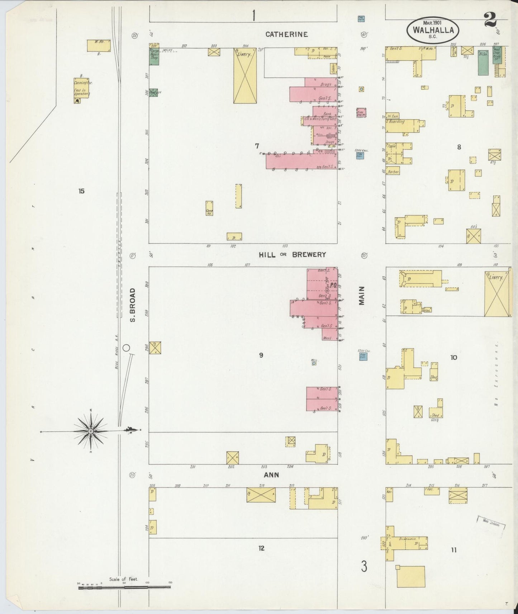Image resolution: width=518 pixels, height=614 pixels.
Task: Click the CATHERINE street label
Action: (x=286, y=34)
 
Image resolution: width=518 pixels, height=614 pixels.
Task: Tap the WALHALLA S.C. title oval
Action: (x=433, y=31)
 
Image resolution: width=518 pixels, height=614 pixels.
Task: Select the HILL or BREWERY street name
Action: (x=292, y=255)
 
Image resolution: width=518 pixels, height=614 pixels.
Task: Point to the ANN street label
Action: (x=271, y=475)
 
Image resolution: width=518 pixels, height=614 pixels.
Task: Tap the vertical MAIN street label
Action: (x=362, y=296)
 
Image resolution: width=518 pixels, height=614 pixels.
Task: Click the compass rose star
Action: (x=91, y=431)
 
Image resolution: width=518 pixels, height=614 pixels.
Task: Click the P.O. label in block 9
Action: (x=332, y=286)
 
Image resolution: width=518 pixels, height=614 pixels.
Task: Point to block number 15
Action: (x=81, y=191)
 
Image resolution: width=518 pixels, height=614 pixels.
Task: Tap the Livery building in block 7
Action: (x=245, y=76)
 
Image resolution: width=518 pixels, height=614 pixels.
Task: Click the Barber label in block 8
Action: (x=393, y=172)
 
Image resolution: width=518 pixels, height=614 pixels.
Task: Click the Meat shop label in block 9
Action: (x=327, y=338)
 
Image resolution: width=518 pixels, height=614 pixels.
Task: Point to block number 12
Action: (x=261, y=548)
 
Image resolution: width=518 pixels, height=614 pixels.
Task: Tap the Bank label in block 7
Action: (x=327, y=114)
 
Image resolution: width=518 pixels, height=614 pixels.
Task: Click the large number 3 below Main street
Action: (x=364, y=567)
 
